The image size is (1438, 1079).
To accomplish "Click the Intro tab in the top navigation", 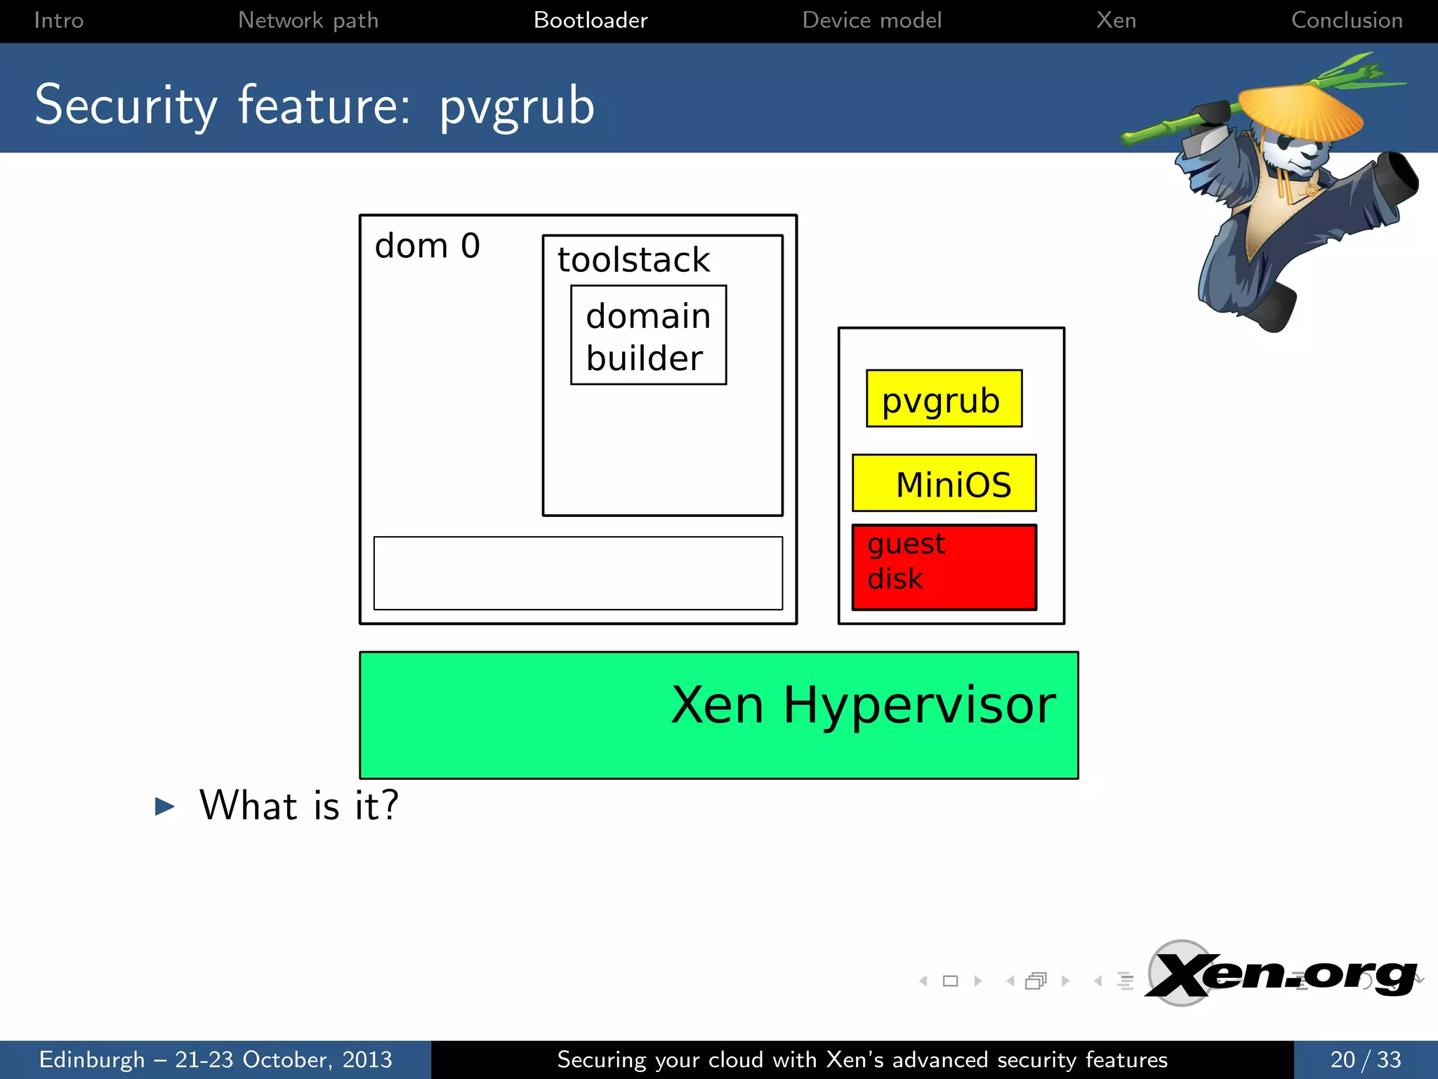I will pos(59,20).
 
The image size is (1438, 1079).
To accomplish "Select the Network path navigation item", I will pos(308,20).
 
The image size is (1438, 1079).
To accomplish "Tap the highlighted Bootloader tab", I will pos(591,20).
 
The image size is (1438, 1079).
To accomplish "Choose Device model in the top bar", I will pos(871,20).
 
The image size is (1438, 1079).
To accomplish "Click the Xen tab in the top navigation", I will pos(1116,20).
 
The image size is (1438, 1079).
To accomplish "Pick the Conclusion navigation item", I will pos(1347,20).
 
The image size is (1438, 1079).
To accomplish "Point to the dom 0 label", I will pos(427,246).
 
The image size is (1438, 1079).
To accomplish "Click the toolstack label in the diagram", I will pos(633,260).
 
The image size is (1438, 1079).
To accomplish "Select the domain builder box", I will pos(648,336).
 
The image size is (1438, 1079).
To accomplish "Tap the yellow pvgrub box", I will pos(944,399).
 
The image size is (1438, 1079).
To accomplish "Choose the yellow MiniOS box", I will pos(944,483).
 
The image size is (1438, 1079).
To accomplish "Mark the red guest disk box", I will pos(944,567).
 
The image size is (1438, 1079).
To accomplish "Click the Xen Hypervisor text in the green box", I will pos(863,705).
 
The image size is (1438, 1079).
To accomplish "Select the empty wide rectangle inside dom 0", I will pos(578,573).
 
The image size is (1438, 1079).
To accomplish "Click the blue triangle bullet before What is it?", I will pos(164,806).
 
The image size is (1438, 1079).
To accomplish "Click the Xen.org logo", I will pos(1281,975).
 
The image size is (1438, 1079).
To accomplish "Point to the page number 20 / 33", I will pos(1365,1059).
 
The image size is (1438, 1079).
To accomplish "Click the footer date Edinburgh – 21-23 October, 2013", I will pos(216,1059).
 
